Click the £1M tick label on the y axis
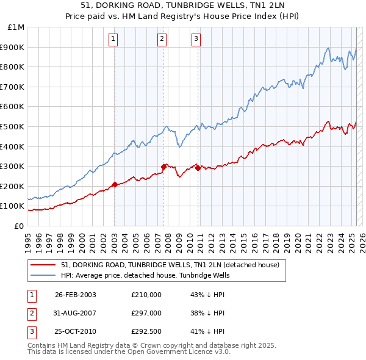coord(16,27)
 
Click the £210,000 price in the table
coord(146,295)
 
